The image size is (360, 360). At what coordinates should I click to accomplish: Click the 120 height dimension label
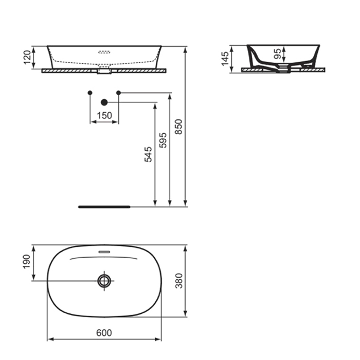[27, 57]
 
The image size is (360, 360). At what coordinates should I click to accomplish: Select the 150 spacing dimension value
[104, 116]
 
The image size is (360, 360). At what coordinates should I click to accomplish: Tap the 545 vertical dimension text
[148, 155]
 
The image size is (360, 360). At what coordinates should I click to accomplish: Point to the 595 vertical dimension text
[163, 141]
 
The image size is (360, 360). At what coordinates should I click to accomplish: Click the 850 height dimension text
[178, 127]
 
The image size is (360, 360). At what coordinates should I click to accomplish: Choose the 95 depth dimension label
[277, 55]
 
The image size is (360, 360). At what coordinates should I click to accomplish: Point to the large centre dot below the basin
[104, 102]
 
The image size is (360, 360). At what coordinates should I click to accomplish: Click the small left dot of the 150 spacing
[91, 93]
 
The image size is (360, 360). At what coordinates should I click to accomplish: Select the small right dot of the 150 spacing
[118, 93]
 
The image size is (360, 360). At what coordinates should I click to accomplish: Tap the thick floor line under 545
[104, 206]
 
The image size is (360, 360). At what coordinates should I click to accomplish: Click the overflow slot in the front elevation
[104, 52]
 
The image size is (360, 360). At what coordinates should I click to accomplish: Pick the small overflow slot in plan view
[104, 251]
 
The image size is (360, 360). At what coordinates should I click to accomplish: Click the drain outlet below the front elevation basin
[104, 72]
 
